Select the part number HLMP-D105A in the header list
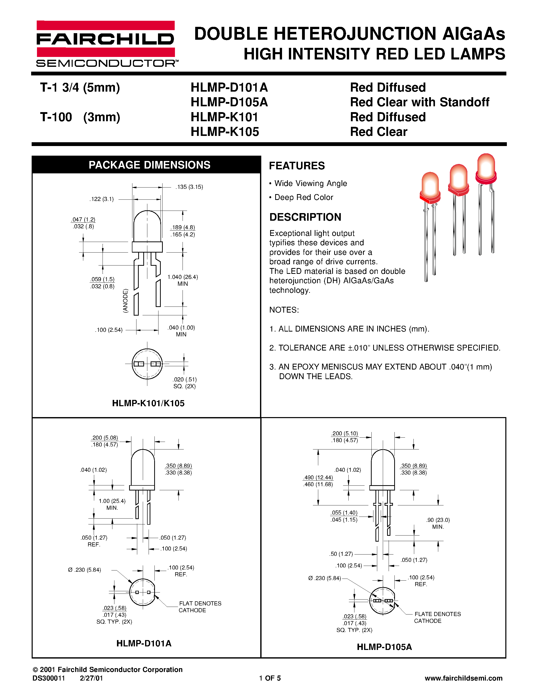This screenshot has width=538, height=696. coord(229,102)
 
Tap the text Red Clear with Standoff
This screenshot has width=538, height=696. coord(420,102)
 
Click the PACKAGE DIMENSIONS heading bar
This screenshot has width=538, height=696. coord(149,165)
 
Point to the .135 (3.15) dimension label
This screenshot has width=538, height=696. coord(189,187)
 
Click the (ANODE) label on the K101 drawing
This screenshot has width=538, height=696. coord(126,300)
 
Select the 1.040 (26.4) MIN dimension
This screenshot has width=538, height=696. coord(183,280)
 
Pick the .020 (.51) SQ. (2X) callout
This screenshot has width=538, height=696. coord(185,383)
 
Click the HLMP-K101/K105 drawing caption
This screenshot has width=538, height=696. coord(148,403)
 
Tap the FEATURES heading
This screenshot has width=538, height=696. coord(297,166)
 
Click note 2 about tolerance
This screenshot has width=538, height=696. coord(385,348)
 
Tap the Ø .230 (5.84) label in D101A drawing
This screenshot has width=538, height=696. coord(85,570)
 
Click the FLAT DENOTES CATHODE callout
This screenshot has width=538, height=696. coord(200,607)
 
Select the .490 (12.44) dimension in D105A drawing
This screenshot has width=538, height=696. coord(318,477)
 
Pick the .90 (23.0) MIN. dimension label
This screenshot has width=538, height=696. coord(438,523)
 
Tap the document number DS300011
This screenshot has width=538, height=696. coord(48,678)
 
